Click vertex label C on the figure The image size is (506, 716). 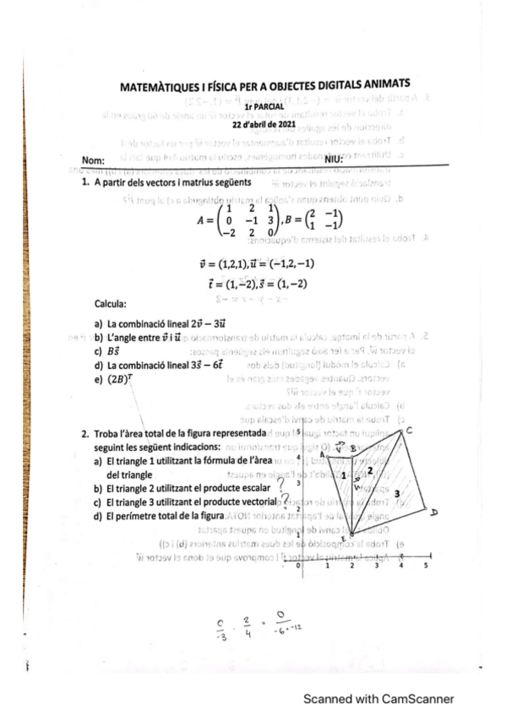click(x=409, y=431)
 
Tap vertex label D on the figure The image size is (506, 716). click(x=433, y=512)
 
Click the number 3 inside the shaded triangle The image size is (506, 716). click(x=395, y=492)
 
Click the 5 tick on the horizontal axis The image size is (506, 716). click(x=425, y=567)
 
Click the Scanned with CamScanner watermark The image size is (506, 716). click(x=378, y=699)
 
